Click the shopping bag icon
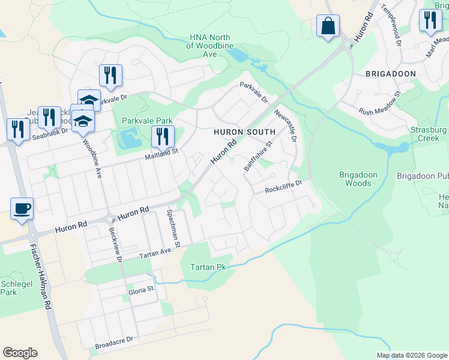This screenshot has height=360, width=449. (x=328, y=26)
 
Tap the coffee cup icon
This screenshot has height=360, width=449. (x=22, y=209)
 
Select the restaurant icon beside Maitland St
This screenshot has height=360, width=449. (x=162, y=137)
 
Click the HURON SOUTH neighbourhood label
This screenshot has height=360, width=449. (x=245, y=131)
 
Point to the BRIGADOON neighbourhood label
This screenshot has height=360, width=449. (x=390, y=73)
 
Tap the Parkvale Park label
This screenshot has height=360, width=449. (x=147, y=121)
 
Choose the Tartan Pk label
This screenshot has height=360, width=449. (x=208, y=267)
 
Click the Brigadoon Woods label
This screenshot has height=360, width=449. (x=358, y=179)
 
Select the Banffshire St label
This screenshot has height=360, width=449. (x=258, y=156)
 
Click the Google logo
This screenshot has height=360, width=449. (x=20, y=353)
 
